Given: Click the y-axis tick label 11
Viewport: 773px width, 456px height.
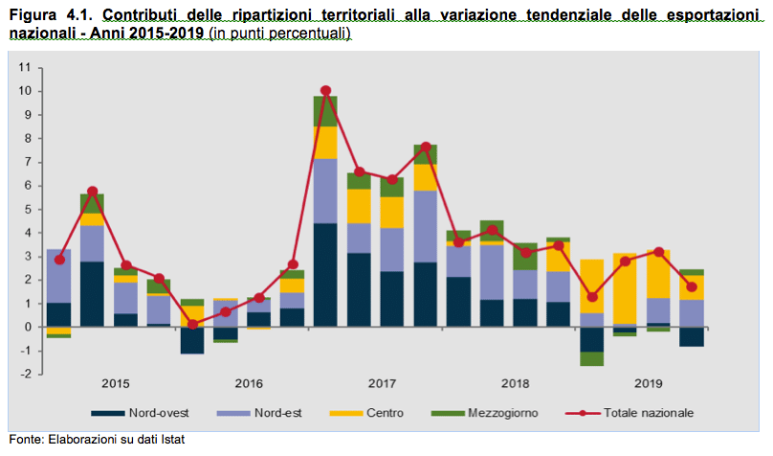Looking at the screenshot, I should (x=23, y=68).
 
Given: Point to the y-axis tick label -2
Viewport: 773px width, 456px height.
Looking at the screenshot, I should (x=23, y=374).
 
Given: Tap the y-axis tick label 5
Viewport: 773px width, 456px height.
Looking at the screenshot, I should (x=26, y=209).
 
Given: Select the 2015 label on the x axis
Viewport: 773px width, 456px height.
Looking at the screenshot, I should (x=115, y=383).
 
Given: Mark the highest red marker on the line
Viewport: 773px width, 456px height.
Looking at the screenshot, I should (x=326, y=91).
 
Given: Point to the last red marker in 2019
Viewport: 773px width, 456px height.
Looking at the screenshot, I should (x=692, y=286).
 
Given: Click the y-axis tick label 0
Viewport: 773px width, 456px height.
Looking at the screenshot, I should (x=26, y=327).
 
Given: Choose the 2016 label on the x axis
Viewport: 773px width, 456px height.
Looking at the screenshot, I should (x=248, y=383).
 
